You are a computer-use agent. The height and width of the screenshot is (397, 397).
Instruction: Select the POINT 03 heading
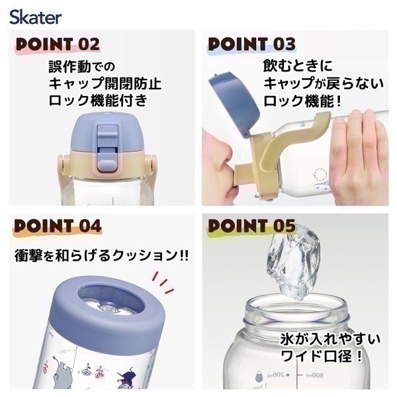click(252, 44)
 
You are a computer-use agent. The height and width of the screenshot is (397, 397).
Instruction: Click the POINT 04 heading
click(58, 226)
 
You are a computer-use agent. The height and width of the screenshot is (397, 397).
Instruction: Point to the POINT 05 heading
click(252, 226)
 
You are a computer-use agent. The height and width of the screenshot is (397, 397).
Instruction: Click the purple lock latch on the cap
click(106, 143)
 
